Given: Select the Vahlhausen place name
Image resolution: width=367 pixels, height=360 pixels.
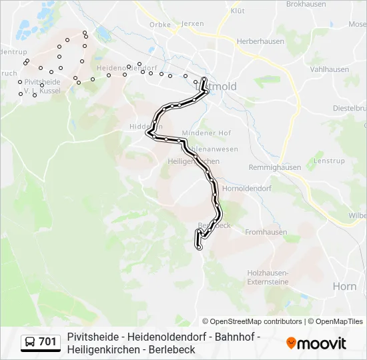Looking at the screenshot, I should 330,69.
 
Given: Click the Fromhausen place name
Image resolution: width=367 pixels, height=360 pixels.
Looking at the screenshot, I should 266,233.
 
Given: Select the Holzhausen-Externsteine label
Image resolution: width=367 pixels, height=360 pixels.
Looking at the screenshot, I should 268,277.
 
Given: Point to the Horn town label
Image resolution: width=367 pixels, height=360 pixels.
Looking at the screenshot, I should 344,286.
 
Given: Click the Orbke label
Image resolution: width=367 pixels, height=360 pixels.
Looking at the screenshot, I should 160,24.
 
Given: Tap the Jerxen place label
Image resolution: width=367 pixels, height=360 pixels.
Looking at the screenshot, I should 192,24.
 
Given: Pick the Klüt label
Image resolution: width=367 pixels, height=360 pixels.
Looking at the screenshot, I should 237,11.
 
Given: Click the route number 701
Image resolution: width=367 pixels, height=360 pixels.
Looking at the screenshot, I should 47,342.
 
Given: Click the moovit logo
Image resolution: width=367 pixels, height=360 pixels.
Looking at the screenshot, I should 316,343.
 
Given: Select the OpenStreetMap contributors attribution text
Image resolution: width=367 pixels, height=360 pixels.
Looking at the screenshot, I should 252,321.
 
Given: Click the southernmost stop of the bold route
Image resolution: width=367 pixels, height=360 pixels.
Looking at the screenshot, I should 200,247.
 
